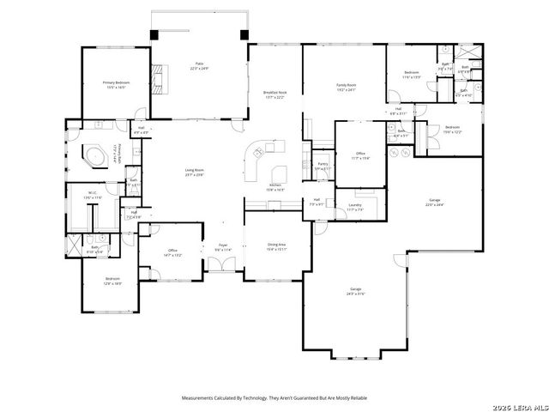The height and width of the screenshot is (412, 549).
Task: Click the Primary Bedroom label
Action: (116, 85)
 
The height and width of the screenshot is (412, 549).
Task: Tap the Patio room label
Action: (198, 66)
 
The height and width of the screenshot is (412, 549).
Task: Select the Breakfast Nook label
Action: (274, 94)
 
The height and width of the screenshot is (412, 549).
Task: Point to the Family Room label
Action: (346, 88)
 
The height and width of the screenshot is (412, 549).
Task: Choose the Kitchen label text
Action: (276, 187)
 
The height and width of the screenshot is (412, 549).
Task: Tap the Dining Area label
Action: (276, 246)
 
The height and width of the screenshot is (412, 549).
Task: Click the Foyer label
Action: (222, 247)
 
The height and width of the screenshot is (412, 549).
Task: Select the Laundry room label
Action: (354, 207)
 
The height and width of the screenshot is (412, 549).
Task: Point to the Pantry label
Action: (323, 166)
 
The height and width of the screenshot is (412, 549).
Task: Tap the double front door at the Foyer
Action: (223, 269)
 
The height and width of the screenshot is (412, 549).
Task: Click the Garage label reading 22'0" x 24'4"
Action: (435, 203)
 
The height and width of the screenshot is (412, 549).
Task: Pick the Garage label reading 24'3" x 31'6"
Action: (355, 291)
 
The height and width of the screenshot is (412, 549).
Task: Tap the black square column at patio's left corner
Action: (154, 34)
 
